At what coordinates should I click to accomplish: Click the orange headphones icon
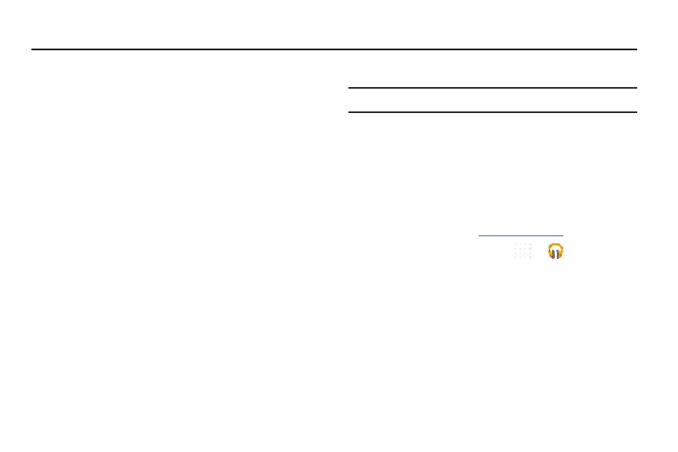click(x=556, y=251)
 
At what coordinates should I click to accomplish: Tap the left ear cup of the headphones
click(x=550, y=254)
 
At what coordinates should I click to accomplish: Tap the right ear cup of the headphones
click(x=561, y=254)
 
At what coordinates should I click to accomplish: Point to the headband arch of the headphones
click(x=556, y=245)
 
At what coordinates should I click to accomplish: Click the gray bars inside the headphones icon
click(x=556, y=253)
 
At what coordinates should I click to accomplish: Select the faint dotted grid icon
click(x=523, y=251)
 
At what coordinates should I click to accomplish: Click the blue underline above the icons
click(x=521, y=235)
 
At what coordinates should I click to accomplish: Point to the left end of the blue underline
click(x=479, y=235)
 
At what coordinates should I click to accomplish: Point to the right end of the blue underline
click(x=563, y=235)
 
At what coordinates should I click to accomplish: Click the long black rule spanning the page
click(x=334, y=49)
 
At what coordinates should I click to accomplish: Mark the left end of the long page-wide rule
click(x=33, y=49)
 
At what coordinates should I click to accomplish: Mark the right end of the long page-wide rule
click(x=636, y=49)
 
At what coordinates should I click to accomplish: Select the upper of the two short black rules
click(x=492, y=88)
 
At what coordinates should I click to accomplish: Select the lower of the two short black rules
click(x=492, y=112)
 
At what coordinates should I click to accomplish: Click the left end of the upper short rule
click(x=348, y=88)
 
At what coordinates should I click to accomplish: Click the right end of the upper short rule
click(x=636, y=88)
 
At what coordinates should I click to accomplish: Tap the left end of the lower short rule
click(x=348, y=112)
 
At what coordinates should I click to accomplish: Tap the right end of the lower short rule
click(x=636, y=112)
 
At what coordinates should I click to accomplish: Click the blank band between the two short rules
click(x=492, y=100)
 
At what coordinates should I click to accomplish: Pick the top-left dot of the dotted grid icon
click(x=516, y=245)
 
